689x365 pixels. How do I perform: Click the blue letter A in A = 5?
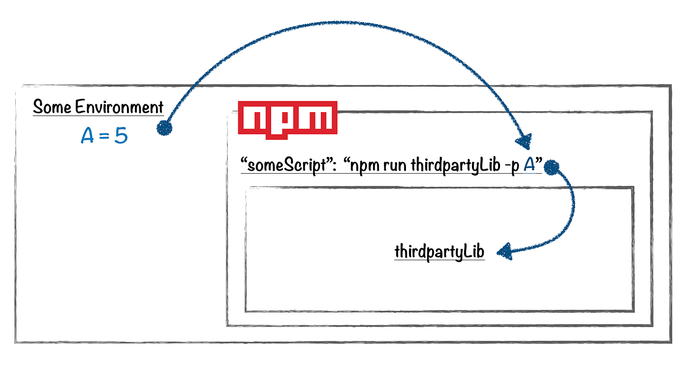click(x=88, y=135)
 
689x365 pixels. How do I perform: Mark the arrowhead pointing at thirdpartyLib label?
click(x=504, y=253)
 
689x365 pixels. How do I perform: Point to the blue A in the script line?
click(x=529, y=165)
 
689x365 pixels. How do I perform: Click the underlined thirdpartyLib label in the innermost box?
click(x=439, y=252)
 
